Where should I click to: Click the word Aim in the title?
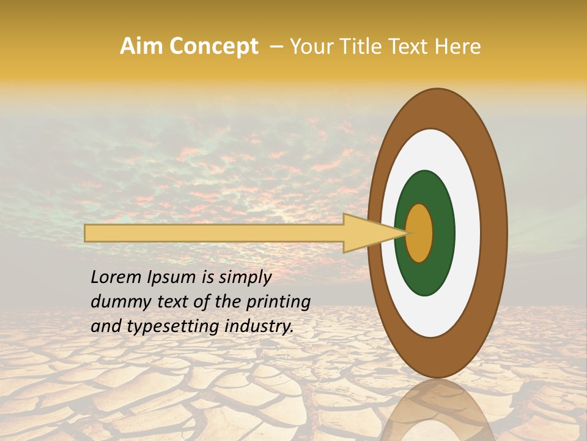click(x=141, y=47)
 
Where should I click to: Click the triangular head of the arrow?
click(x=367, y=233)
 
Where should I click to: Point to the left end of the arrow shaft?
click(x=89, y=233)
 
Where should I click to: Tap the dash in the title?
click(x=276, y=47)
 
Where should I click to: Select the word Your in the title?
click(x=309, y=47)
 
